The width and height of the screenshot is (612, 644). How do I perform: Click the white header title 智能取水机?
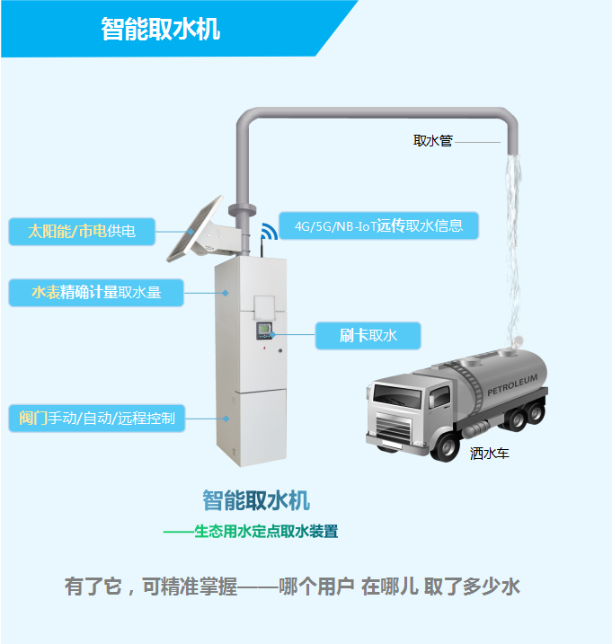click(x=161, y=30)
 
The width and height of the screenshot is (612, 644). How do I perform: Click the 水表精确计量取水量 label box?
click(x=96, y=292)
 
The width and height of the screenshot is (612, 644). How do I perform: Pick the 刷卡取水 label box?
click(x=368, y=335)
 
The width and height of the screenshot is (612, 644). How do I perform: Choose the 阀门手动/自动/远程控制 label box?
click(x=96, y=418)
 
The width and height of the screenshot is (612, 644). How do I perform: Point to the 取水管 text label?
click(x=432, y=141)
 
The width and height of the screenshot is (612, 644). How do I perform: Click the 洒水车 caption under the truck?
click(x=490, y=454)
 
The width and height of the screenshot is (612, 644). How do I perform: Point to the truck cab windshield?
click(x=399, y=393)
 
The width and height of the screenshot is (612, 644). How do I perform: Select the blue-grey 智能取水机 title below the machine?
click(x=256, y=500)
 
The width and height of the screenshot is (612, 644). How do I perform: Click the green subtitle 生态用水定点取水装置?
click(x=266, y=531)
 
